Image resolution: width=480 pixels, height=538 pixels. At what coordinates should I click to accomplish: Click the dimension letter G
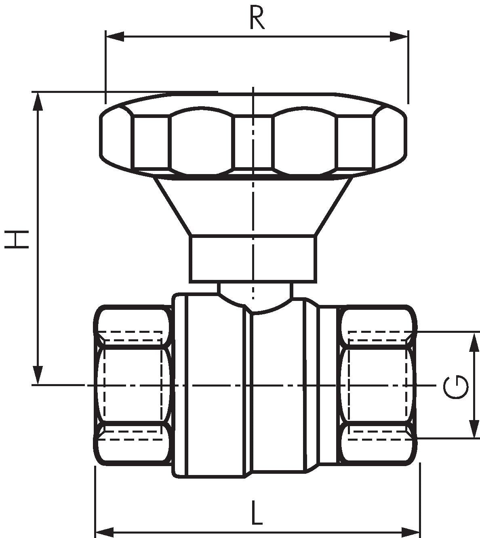456,387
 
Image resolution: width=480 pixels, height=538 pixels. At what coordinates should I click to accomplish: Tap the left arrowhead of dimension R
115,36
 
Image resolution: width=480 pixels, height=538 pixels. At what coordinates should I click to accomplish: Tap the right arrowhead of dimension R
399,36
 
